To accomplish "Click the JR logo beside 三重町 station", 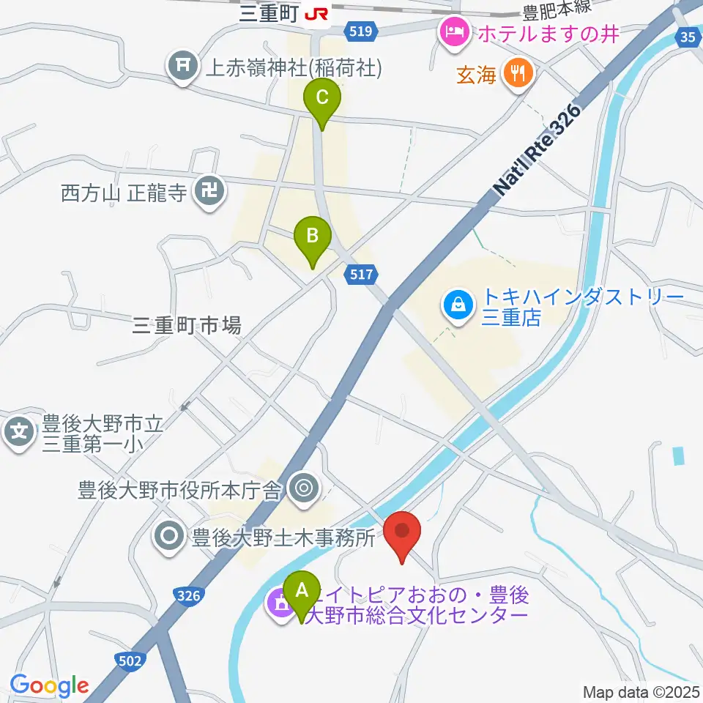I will (x=317, y=14).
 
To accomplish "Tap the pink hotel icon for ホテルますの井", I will (x=453, y=31).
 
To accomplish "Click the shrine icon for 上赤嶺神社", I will (x=182, y=68).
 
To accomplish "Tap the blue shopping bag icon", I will (x=457, y=302).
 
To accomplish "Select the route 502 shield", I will (x=129, y=661).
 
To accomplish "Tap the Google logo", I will (x=49, y=685).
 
